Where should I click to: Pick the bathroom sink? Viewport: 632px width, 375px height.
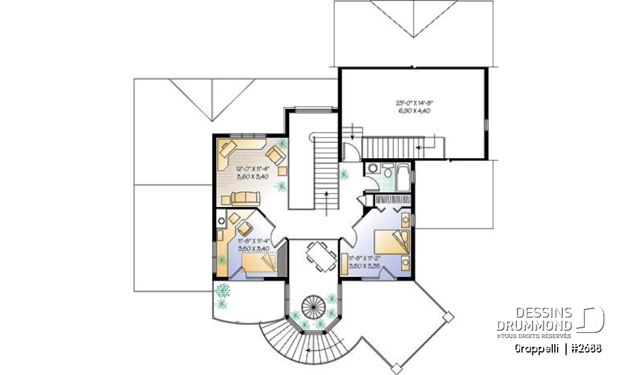coord(372,169)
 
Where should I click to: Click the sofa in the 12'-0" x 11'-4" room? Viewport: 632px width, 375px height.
coord(246,196)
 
